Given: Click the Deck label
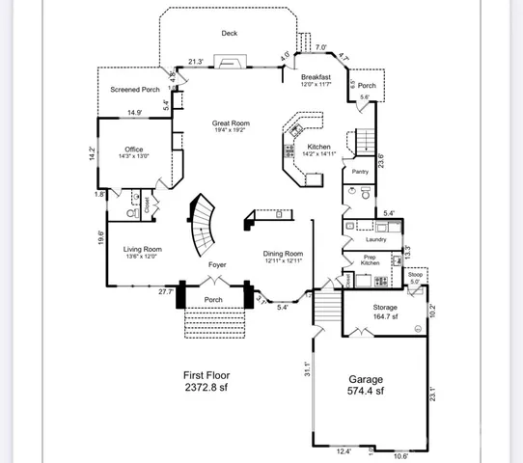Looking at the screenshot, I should click(x=229, y=33).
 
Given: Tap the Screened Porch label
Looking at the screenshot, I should click(x=134, y=90).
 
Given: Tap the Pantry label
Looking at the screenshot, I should click(x=360, y=172).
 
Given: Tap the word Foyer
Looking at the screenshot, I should click(x=218, y=263).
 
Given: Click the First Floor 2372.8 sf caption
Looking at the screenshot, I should click(x=206, y=382).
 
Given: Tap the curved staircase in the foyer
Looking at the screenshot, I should click(x=204, y=222).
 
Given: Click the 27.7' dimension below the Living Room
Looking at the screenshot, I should click(x=165, y=291).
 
